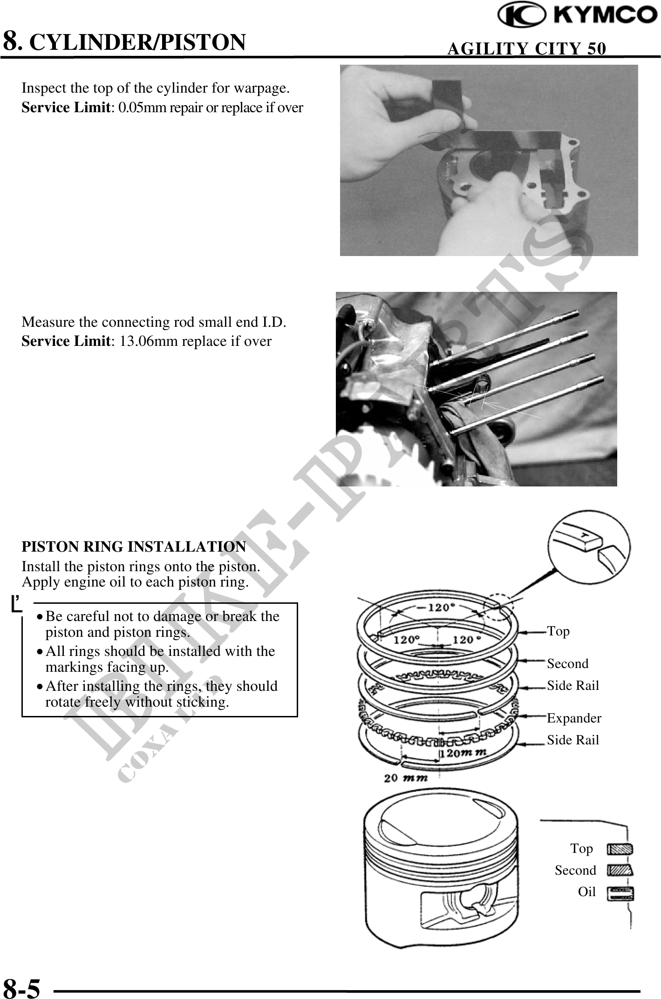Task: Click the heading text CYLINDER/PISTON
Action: tap(137, 42)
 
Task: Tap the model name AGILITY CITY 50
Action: tap(526, 48)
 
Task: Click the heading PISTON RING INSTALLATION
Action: tap(134, 547)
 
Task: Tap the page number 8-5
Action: tap(21, 988)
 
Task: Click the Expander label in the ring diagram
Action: tap(574, 718)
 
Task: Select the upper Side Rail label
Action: tap(572, 686)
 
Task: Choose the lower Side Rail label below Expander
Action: tap(572, 740)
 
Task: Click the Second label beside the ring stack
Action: tap(567, 664)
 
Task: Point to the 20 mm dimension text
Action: tap(406, 778)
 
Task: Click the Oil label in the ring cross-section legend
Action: tap(586, 892)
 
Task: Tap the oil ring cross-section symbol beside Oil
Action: tap(620, 892)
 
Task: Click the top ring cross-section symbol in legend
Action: tap(620, 849)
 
